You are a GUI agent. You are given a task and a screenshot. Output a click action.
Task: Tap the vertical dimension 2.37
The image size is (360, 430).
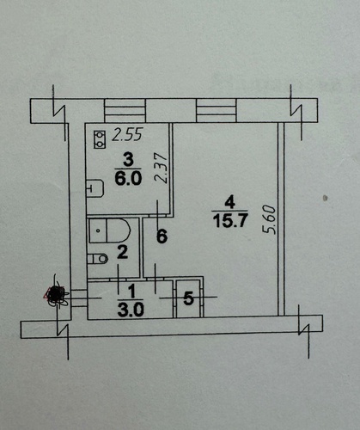tap(161, 168)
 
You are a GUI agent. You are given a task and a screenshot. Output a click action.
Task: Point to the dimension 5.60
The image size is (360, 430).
tap(271, 219)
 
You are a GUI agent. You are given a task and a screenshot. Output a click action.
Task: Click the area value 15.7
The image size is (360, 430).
tap(229, 221)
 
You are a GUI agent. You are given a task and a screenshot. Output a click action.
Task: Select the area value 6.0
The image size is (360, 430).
tap(128, 179)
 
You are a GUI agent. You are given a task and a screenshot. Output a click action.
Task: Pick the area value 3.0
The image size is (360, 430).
tap(131, 310)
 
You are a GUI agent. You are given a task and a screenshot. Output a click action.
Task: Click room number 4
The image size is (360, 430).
tap(230, 202)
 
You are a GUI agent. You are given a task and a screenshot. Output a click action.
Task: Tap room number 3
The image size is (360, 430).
tap(128, 160)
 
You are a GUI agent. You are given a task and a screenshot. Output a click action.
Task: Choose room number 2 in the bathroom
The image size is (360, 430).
tap(123, 252)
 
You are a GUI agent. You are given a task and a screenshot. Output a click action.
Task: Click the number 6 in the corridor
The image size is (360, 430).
tap(162, 236)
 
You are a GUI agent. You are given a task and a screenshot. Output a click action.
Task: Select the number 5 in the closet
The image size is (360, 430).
tap(188, 298)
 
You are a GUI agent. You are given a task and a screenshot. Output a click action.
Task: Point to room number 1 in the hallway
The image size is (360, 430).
tap(131, 291)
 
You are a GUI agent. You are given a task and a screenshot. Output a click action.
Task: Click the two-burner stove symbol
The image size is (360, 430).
tap(100, 139)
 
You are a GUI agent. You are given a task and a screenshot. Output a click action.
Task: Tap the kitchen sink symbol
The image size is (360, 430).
tap(95, 188)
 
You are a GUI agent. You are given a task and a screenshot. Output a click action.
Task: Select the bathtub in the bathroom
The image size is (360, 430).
tap(109, 230)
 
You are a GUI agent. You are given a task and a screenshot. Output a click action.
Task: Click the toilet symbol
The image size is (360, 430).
tap(97, 259)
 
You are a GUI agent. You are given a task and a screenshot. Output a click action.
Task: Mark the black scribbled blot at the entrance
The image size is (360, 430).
tap(56, 294)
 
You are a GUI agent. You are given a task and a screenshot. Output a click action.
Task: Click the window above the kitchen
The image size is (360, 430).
tap(125, 110)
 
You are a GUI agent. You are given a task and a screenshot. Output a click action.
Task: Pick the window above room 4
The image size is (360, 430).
tap(217, 110)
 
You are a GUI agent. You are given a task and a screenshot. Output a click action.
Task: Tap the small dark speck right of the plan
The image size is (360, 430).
tap(325, 198)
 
